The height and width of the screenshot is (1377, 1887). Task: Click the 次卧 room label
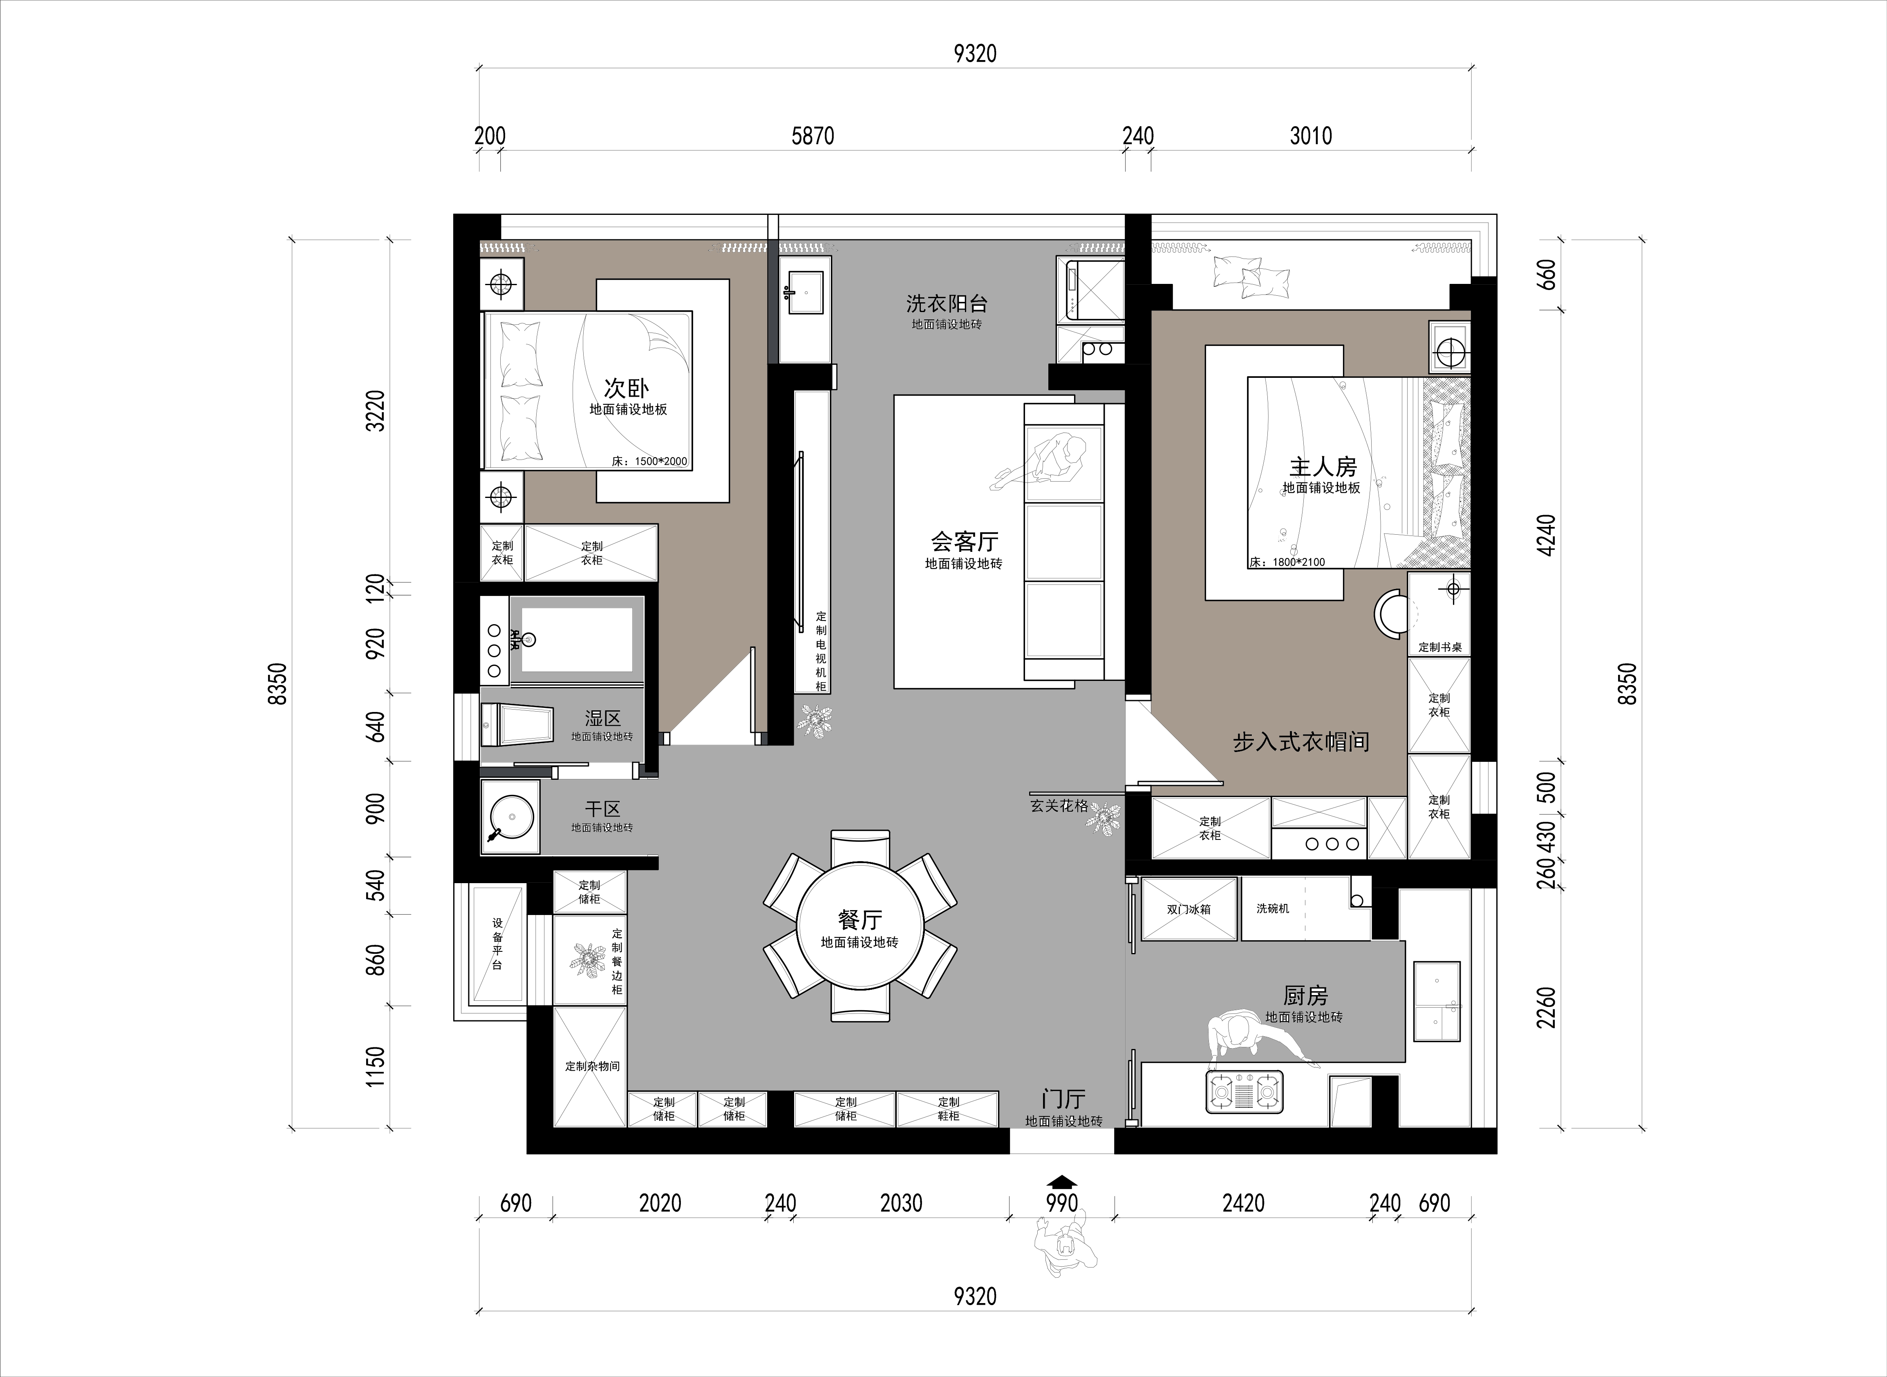click(x=626, y=388)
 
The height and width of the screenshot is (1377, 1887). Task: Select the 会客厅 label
click(x=965, y=542)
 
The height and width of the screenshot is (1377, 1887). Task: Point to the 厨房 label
click(x=1305, y=995)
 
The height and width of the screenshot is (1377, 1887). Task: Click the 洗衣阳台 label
click(x=947, y=304)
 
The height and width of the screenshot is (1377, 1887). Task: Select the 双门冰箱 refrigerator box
click(x=1189, y=908)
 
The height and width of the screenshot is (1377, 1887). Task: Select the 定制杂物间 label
click(x=592, y=1066)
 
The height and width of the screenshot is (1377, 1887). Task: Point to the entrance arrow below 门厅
click(x=1061, y=1180)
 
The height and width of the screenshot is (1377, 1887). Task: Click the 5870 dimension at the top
click(x=812, y=136)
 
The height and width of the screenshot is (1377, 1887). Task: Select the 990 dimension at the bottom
click(x=1061, y=1203)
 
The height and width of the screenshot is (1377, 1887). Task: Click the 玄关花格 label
click(x=1059, y=806)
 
